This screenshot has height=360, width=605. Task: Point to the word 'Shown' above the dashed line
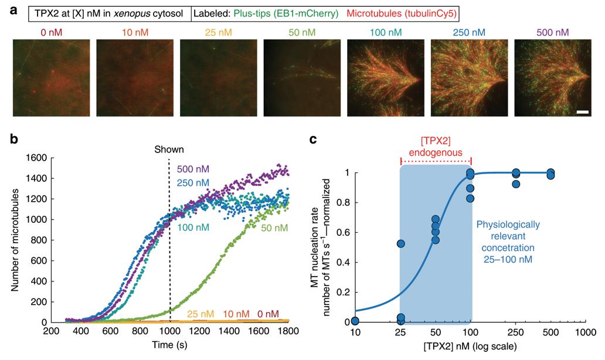pyautogui.click(x=169, y=149)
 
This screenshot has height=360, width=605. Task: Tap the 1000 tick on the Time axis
pyautogui.click(x=169, y=331)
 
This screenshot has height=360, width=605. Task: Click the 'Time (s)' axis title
pyautogui.click(x=169, y=345)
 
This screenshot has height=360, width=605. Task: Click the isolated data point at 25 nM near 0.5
pyautogui.click(x=401, y=243)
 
